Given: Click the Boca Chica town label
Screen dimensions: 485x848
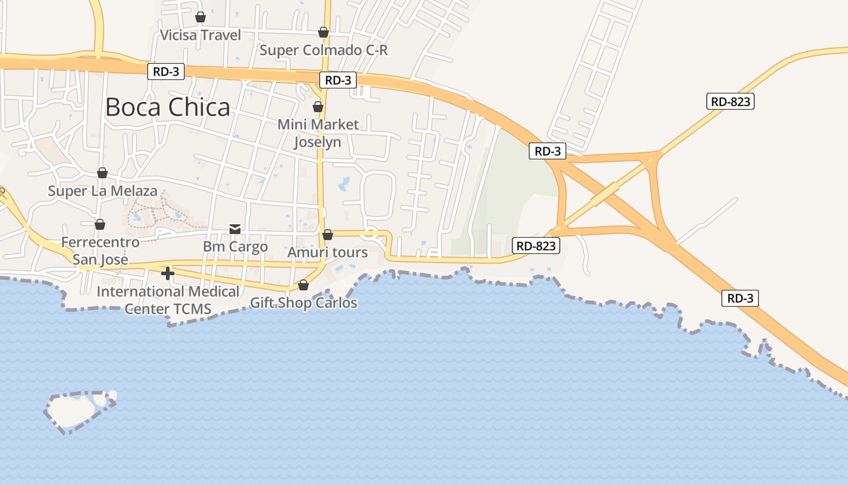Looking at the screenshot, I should coord(168,107).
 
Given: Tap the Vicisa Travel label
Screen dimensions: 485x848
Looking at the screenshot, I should coord(200,35).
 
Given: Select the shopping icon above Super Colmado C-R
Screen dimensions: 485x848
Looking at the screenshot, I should coord(323,32).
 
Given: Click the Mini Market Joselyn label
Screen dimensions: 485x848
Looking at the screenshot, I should coord(318,133).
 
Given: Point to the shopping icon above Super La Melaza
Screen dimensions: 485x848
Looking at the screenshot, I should coord(102,173).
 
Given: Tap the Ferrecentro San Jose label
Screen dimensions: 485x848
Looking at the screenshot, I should coord(101,251).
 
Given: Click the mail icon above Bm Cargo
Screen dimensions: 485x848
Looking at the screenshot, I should coord(235,229).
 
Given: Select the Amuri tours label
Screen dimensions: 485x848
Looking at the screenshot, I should coord(328,252).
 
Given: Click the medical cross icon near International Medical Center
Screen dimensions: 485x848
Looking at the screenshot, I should coord(168,273).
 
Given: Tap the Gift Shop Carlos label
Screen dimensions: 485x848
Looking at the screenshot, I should coord(303,303).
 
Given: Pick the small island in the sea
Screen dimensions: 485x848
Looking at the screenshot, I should coord(79,411).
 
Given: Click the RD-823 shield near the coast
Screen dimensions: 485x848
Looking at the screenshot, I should coord(535,246).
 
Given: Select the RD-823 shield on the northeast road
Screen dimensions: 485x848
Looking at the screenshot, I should coord(730,101).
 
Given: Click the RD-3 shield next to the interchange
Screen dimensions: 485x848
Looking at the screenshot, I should coord(548,151).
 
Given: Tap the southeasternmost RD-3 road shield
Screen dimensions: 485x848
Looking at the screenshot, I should coord(740,298).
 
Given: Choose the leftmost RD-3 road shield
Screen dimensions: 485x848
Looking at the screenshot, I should coord(165,72).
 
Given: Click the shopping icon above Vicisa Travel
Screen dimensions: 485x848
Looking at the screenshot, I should coord(200,17).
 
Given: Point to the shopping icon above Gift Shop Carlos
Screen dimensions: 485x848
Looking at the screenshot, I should coord(303,285).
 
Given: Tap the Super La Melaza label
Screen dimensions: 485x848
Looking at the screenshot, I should coord(103,192).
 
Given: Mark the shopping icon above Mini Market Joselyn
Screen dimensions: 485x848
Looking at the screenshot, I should coord(318,107).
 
